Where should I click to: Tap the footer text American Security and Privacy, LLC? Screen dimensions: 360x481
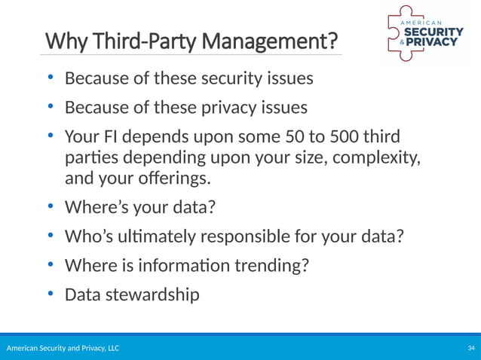tap(63, 349)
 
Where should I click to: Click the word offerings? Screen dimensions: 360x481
tap(162, 180)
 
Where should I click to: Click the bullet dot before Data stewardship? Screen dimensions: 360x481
tap(51, 293)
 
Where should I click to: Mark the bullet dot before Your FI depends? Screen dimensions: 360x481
tap(51, 136)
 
